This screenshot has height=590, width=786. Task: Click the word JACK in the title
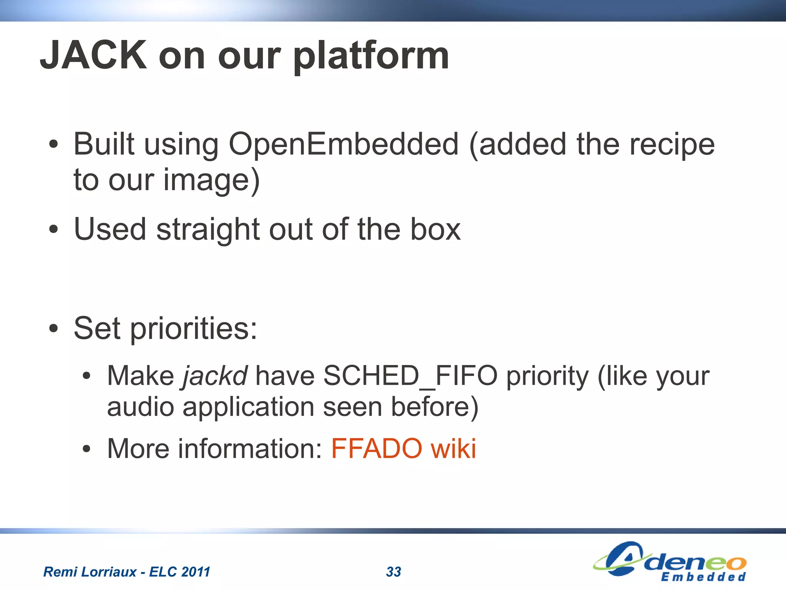click(93, 56)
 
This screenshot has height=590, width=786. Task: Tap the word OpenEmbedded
click(343, 145)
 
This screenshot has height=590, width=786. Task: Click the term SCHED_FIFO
click(410, 376)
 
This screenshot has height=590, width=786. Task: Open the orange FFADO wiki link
click(403, 448)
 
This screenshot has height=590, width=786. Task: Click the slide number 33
click(393, 572)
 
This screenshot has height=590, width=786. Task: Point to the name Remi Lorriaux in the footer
click(90, 572)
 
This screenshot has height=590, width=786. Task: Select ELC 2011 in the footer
click(180, 572)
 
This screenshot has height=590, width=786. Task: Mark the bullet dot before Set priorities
click(54, 329)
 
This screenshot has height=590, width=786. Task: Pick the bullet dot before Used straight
click(54, 230)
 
